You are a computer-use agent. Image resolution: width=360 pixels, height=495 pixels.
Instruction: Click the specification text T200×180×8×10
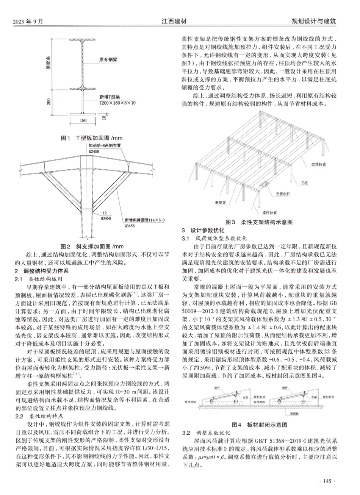coord(118,103)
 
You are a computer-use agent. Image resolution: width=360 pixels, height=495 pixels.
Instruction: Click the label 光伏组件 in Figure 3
coord(283,194)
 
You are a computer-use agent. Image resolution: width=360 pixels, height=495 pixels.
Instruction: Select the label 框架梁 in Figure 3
coord(221,202)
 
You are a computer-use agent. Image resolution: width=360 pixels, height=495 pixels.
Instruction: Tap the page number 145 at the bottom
coord(326,481)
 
